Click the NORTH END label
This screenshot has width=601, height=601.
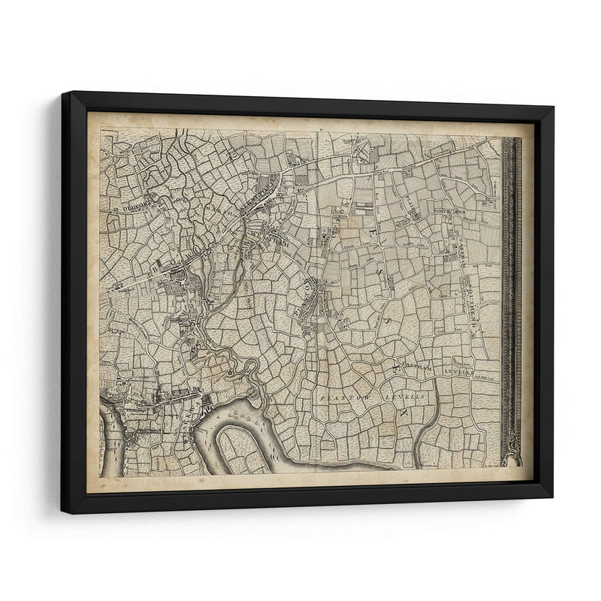tap(450, 212)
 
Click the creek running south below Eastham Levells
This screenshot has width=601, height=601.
tap(424, 436)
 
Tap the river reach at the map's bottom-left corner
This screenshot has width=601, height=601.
tap(109, 443)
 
